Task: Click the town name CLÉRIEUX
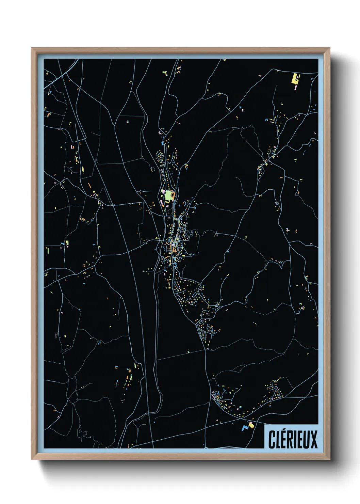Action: (x=293, y=439)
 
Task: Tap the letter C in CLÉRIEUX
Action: (x=272, y=440)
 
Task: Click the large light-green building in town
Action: (x=168, y=195)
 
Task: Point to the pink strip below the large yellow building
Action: (x=295, y=87)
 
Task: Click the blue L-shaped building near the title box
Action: (x=244, y=427)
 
